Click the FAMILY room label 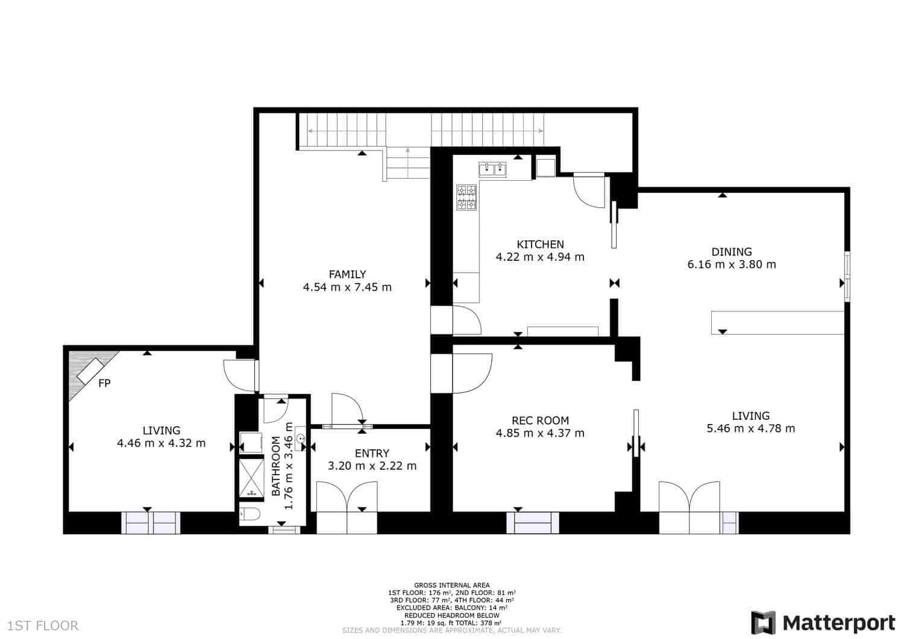click(347, 274)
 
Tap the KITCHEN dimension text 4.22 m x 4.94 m click(540, 257)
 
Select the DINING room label click(731, 252)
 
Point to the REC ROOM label click(540, 421)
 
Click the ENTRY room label click(372, 454)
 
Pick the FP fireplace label click(104, 383)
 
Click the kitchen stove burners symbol click(466, 198)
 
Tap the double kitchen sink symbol click(493, 169)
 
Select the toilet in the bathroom click(250, 514)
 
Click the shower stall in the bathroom click(251, 478)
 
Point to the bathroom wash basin click(300, 438)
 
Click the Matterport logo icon click(763, 623)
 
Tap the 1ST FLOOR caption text click(43, 626)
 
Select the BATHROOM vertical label click(276, 466)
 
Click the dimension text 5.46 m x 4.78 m click(751, 428)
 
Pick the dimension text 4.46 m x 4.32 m click(161, 443)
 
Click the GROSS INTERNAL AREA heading click(451, 585)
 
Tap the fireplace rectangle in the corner click(90, 371)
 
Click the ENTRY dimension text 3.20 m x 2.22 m click(372, 466)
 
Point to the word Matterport click(839, 623)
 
